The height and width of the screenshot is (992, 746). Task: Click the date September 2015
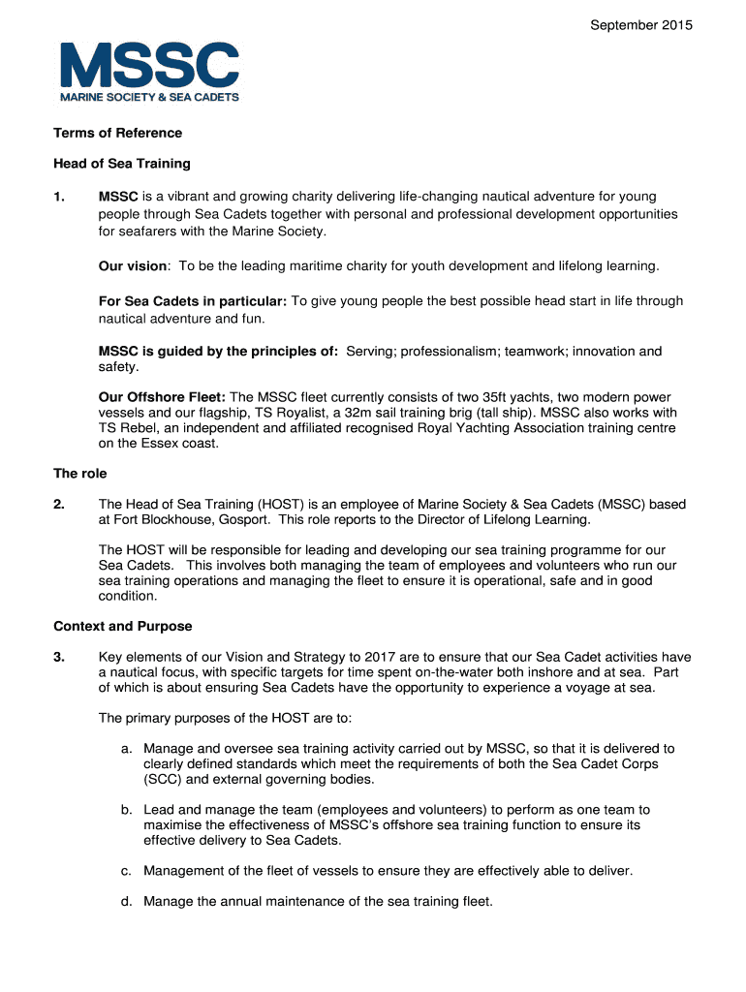[641, 26]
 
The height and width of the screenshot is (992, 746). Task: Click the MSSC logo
[148, 72]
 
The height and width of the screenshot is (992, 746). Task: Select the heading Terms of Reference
[117, 133]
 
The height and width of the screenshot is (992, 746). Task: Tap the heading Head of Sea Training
[122, 164]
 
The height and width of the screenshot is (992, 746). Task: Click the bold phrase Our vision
[134, 265]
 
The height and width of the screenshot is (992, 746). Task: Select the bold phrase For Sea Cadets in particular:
[193, 301]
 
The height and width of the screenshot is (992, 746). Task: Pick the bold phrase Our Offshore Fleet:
[162, 397]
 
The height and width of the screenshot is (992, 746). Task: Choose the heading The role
[79, 474]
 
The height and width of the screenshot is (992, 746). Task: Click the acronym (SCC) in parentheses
[161, 779]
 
